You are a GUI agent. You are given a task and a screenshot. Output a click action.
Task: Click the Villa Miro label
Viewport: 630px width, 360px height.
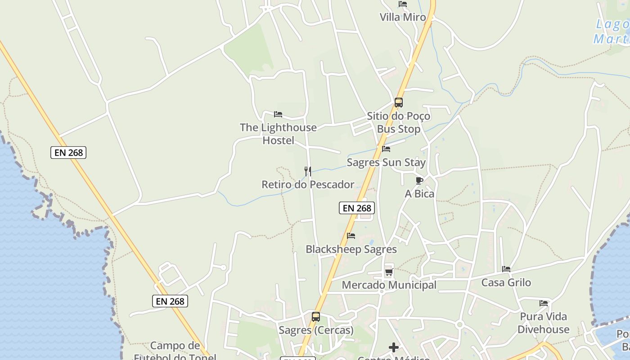click(x=402, y=18)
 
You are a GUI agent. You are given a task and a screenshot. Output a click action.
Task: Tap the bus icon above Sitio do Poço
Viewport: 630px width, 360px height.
click(x=398, y=103)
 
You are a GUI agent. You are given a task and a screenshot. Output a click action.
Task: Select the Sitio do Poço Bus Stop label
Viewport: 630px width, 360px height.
click(x=398, y=122)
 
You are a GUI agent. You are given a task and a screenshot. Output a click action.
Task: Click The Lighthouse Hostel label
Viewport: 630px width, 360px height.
click(x=278, y=134)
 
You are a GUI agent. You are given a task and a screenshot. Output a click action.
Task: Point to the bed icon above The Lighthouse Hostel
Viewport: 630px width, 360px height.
click(x=278, y=114)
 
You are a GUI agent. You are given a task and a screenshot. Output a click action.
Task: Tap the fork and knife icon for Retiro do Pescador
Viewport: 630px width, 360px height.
click(x=308, y=171)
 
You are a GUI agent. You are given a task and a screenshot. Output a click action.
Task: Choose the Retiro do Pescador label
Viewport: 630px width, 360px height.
click(x=308, y=184)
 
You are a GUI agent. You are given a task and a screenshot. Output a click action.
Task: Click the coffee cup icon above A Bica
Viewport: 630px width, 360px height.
click(x=419, y=181)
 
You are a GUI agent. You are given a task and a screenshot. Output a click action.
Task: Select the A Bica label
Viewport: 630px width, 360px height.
click(x=419, y=194)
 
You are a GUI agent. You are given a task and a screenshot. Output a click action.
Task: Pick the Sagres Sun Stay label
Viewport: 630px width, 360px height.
click(x=386, y=162)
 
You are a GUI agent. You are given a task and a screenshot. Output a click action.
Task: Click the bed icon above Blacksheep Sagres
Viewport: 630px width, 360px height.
click(x=351, y=236)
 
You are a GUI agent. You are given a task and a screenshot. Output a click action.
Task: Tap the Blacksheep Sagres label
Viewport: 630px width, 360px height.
click(x=351, y=249)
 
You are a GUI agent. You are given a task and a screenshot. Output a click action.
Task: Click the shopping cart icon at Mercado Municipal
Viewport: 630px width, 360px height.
click(x=389, y=272)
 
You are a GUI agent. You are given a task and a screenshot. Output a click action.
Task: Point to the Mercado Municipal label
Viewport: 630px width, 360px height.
click(x=389, y=285)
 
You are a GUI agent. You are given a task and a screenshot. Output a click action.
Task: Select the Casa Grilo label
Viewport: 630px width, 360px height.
click(x=506, y=283)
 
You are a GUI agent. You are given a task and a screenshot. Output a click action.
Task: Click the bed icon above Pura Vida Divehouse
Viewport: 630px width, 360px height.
click(x=544, y=303)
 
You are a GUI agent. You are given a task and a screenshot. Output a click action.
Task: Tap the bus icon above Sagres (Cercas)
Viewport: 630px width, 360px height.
click(x=316, y=317)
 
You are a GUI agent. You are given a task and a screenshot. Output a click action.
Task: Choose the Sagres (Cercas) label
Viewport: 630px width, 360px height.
click(x=316, y=330)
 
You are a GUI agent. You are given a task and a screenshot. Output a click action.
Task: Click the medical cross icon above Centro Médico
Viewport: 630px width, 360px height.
click(x=394, y=347)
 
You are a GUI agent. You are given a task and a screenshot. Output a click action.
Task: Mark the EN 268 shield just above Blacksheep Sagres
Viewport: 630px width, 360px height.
click(x=356, y=208)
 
